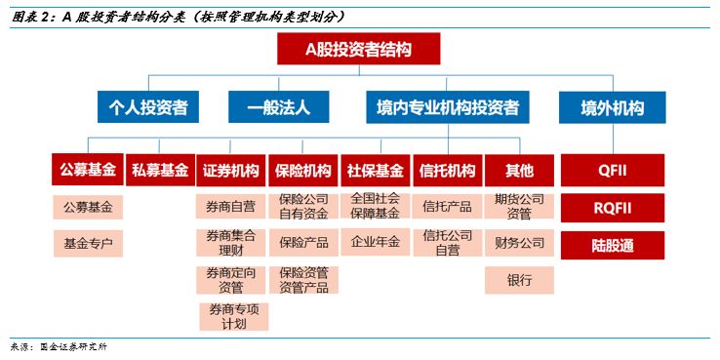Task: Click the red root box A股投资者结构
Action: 358,49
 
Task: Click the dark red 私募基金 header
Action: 160,171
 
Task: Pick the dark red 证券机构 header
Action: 231,171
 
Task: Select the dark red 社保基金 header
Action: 376,171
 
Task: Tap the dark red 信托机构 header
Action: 448,171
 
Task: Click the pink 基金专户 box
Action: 88,242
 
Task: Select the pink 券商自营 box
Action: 231,207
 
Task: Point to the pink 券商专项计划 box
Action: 232,315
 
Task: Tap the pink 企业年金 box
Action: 376,242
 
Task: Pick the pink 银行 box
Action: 520,280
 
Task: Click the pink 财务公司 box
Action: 520,242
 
